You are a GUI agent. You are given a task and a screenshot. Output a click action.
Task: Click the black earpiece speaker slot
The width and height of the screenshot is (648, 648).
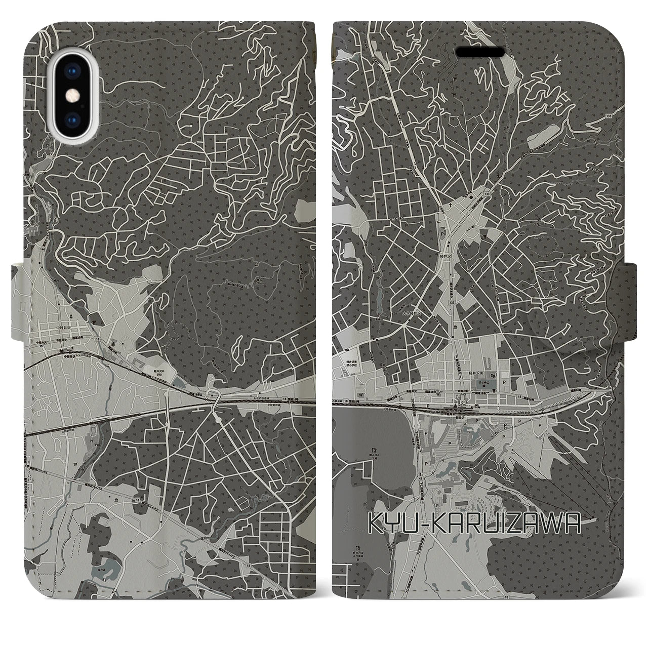click(x=480, y=52)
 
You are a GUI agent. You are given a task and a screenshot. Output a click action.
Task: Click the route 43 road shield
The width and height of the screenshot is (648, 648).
click(x=421, y=477)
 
